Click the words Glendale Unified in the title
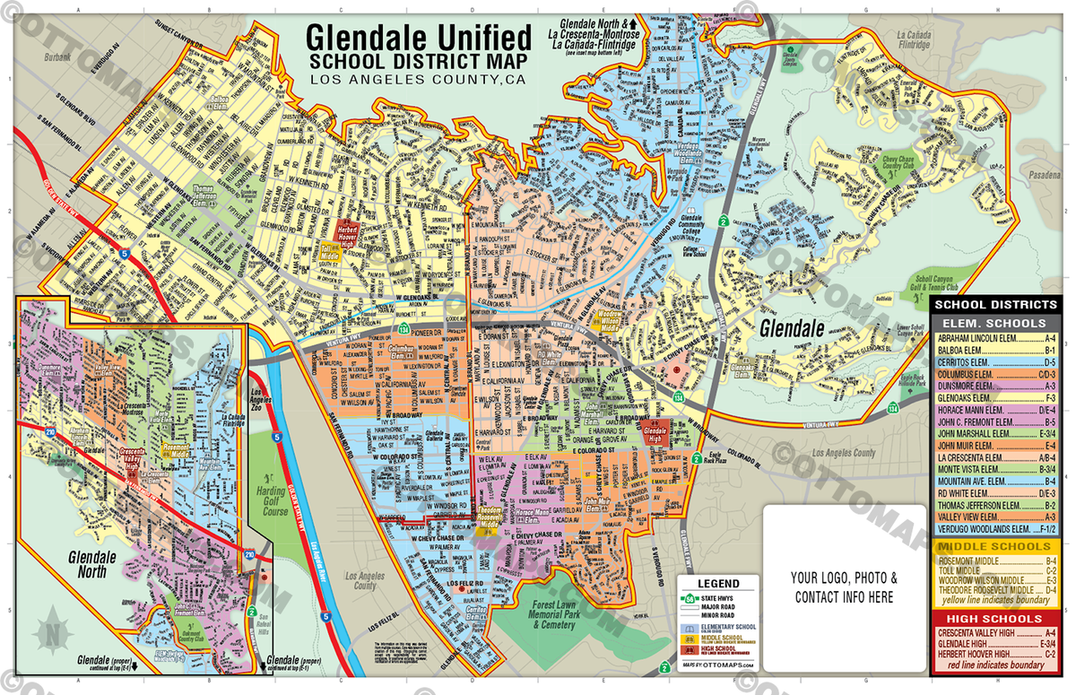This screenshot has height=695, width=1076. [x=418, y=37]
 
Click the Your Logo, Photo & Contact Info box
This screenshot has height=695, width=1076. [x=844, y=586]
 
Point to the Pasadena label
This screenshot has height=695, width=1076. [x=1044, y=175]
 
